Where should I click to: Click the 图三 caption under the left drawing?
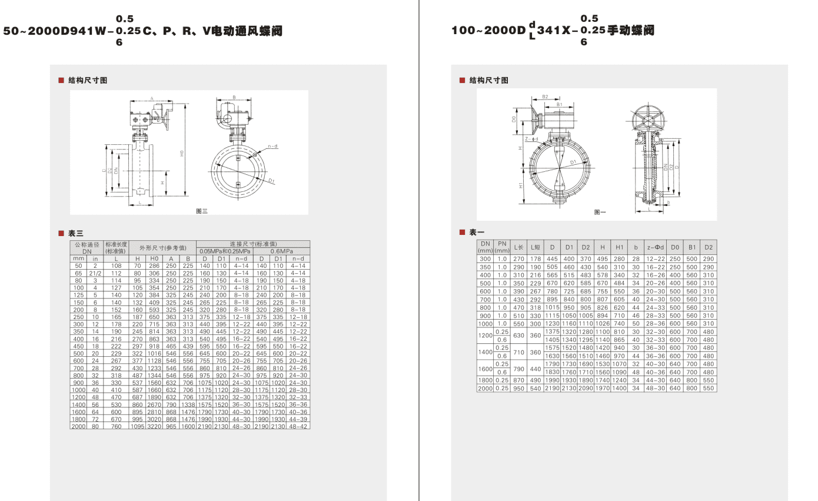coord(201,211)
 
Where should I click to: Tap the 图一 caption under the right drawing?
coord(600,212)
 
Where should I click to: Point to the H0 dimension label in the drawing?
coord(182,153)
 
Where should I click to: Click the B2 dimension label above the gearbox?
coord(545,97)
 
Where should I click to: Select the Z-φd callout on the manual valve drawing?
coord(531,139)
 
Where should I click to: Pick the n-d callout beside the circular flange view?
coord(272,146)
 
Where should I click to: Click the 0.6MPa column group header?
coord(281,251)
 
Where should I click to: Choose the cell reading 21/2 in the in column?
coord(95,273)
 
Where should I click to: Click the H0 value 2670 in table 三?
coord(154,404)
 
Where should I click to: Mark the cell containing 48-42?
coord(298,426)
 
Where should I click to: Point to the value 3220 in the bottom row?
coord(154,426)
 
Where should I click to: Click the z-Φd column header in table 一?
coord(655,247)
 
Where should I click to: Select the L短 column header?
coord(535,247)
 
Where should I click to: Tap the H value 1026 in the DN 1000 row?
coord(603,324)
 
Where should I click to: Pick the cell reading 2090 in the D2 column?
coord(585,389)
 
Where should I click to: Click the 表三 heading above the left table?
coord(76,234)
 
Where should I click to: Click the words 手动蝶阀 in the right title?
coord(630,31)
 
